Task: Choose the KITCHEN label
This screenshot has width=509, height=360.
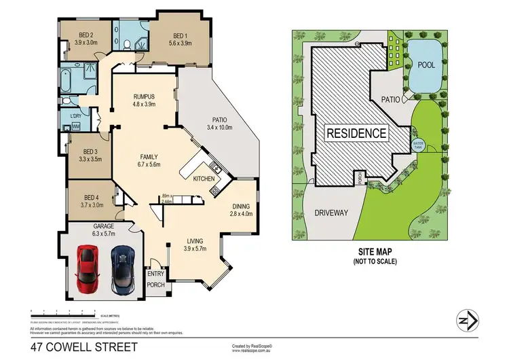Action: pos(204,178)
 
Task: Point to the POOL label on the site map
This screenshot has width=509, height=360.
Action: pos(426,65)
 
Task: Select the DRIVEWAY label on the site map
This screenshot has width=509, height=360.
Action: pos(331,213)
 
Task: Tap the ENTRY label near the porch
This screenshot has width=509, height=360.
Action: pos(155,274)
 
